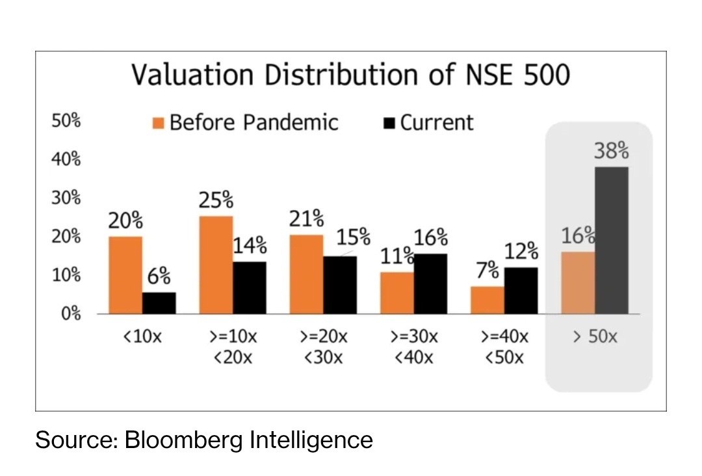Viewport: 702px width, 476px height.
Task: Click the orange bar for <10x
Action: pos(125,274)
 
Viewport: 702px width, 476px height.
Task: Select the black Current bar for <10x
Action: pos(159,303)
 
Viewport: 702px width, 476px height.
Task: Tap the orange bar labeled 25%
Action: pos(216,265)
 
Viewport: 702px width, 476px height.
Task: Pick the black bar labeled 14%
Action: pos(250,287)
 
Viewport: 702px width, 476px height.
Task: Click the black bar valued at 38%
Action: pos(612,240)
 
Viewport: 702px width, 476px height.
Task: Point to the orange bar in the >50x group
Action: pos(578,282)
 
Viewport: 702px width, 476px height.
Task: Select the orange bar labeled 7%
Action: pos(487,300)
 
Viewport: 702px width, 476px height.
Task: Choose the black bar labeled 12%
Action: pos(521,290)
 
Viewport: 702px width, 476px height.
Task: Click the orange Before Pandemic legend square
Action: pos(158,123)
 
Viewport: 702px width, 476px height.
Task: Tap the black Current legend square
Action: pos(389,123)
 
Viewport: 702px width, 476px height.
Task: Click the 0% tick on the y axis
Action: pos(70,314)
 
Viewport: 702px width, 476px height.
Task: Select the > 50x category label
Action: pos(595,337)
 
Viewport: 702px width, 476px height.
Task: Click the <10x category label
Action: pos(142,337)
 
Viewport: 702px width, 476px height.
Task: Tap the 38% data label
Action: pos(611,151)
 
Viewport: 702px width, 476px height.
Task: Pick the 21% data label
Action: pos(306,219)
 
